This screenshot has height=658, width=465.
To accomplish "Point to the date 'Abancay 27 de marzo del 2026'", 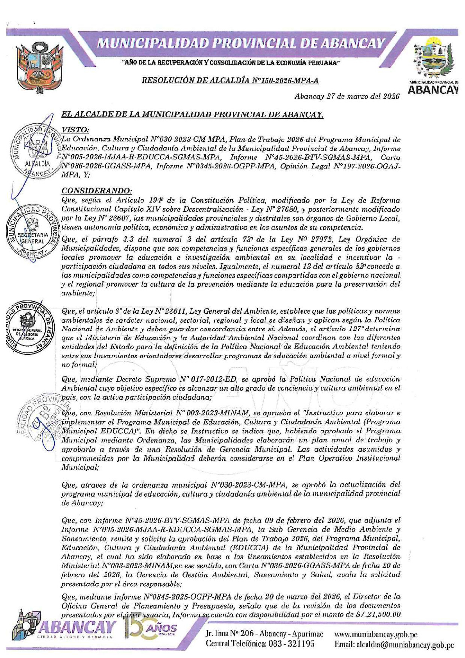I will (347, 96).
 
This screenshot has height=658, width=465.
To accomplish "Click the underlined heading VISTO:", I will (75, 130).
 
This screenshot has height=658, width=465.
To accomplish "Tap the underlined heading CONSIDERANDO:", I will (97, 191).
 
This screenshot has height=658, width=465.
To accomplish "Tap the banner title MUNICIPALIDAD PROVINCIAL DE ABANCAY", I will (241, 43).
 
